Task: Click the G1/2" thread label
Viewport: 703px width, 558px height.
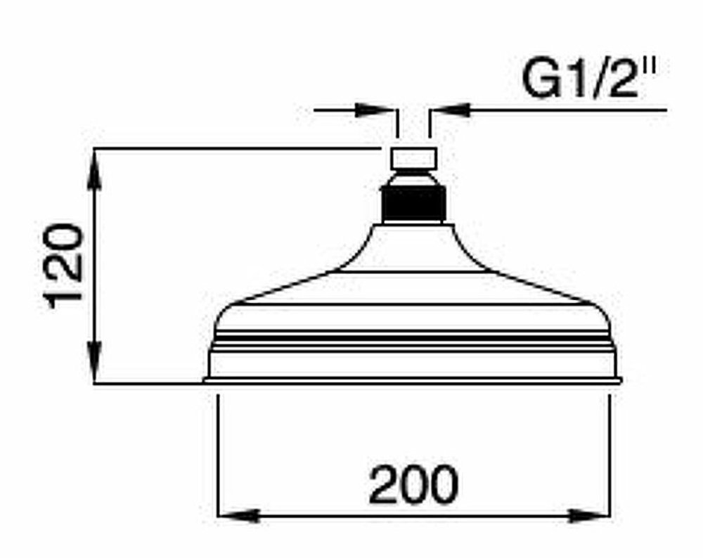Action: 589,79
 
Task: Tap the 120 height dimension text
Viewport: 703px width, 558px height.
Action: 65,266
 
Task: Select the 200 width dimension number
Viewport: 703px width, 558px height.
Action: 413,484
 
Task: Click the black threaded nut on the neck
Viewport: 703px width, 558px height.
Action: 413,204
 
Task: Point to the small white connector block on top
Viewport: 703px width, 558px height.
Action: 413,158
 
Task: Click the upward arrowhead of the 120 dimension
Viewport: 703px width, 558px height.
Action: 94,174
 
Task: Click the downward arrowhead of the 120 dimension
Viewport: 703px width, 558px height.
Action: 94,361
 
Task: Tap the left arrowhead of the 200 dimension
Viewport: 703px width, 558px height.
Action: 238,515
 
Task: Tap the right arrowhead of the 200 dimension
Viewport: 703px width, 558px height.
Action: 589,515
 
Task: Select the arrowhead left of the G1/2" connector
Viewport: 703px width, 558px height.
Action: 374,110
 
